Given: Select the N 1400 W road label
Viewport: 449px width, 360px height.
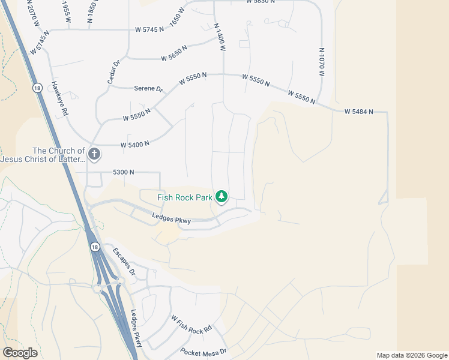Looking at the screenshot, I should [x=219, y=37].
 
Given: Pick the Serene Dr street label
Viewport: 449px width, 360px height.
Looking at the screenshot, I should [x=148, y=88].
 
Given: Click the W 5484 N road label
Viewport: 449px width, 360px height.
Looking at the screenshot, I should [x=359, y=112].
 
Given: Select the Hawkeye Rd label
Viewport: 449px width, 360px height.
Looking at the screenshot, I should [x=61, y=98].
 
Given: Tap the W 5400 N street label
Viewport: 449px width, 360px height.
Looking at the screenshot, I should [x=134, y=144].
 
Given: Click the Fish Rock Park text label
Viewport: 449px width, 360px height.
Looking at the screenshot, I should [x=185, y=197].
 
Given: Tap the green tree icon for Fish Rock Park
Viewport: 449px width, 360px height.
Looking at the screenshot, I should [x=222, y=196].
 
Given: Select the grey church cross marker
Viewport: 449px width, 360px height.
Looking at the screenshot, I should [x=94, y=154].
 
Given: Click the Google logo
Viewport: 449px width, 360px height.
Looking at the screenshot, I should [x=20, y=353].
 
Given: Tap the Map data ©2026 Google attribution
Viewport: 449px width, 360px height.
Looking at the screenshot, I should [x=412, y=355].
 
